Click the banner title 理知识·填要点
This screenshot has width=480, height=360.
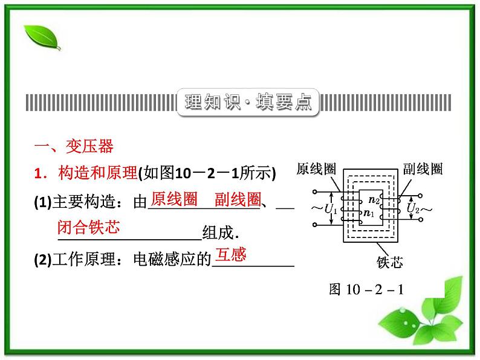tap(247, 102)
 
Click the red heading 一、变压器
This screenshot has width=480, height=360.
tap(74, 147)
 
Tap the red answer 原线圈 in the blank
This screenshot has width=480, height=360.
tap(174, 199)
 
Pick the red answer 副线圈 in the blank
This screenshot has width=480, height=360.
tap(238, 199)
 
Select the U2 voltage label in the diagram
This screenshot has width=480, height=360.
tap(414, 209)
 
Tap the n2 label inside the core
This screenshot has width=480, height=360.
tap(374, 200)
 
